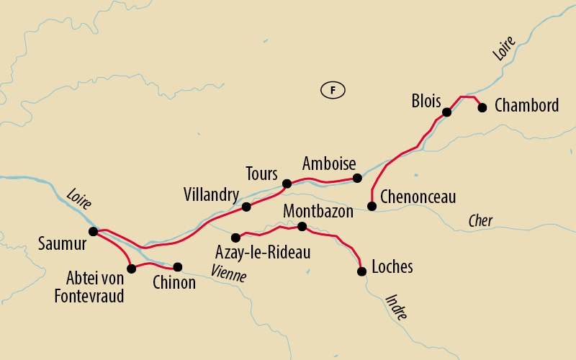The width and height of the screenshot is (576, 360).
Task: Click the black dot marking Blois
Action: [x=447, y=112]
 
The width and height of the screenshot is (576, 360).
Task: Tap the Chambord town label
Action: [x=527, y=106]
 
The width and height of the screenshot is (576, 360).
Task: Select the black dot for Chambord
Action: [x=482, y=107]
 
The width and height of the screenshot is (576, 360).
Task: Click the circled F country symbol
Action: [x=333, y=90]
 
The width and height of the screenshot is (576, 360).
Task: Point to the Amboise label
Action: [x=329, y=163]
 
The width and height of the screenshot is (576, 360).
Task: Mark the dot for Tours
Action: [x=287, y=184]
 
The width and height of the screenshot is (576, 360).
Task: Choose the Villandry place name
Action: [x=211, y=194]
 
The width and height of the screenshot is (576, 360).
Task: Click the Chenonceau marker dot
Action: [x=372, y=207]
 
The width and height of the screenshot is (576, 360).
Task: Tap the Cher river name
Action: [x=480, y=221]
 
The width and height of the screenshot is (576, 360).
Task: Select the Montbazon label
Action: [x=319, y=212]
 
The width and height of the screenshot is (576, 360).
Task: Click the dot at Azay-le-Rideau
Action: [x=235, y=237]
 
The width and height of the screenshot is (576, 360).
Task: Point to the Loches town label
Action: [x=392, y=267]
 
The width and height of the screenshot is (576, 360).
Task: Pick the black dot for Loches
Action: [x=361, y=271]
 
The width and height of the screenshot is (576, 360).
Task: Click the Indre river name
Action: [x=397, y=306]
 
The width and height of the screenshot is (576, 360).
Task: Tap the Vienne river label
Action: [x=229, y=273]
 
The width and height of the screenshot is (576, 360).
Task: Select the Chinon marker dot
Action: [x=177, y=266]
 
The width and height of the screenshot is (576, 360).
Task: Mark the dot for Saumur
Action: [x=93, y=231]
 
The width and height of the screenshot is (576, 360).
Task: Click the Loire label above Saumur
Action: [x=78, y=199]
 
